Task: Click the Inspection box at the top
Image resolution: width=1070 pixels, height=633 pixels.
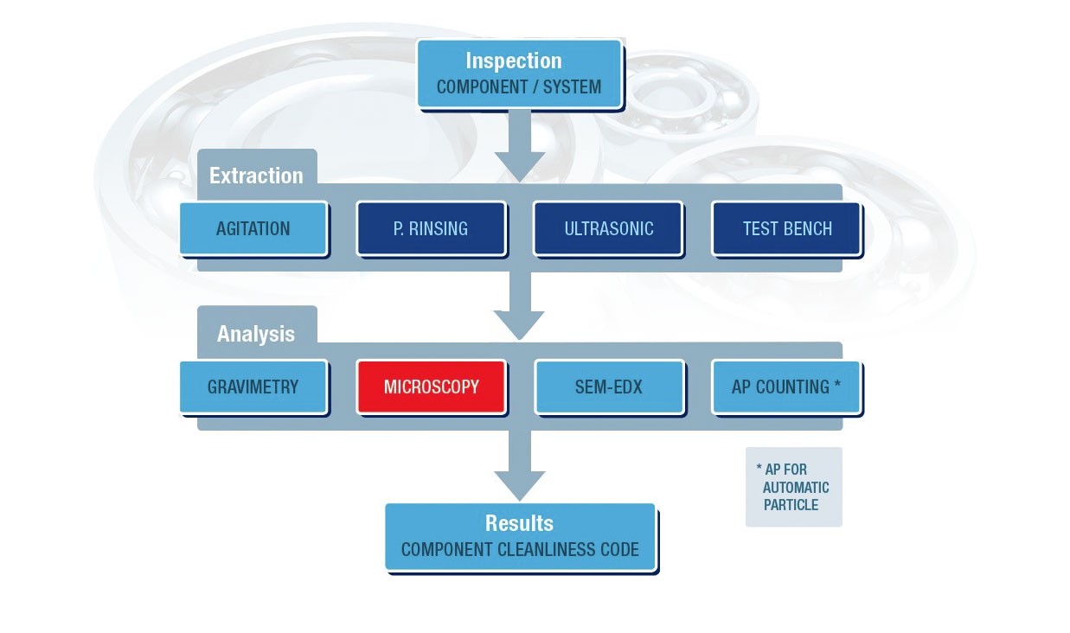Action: point(519,74)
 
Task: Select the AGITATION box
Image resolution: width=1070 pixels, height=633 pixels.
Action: point(253,229)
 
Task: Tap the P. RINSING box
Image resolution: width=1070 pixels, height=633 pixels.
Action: point(431,229)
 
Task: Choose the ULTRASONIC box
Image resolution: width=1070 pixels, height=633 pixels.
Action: point(608,229)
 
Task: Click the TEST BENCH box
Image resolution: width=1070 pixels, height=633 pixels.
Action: point(786,229)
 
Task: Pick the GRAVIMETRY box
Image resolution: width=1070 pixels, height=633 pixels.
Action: point(253,387)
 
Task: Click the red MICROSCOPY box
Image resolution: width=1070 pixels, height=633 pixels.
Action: point(431,387)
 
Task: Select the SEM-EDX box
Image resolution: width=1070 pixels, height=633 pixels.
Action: point(609,387)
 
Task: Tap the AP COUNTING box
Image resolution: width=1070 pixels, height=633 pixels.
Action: point(785,387)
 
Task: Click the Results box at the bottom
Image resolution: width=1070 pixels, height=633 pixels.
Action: point(520,537)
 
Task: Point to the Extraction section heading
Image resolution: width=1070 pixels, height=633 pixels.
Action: point(256,176)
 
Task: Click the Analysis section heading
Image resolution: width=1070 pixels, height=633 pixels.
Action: point(256,334)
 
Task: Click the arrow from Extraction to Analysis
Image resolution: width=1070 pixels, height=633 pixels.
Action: point(519,307)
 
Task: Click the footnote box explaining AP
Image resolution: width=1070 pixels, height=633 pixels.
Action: point(793,487)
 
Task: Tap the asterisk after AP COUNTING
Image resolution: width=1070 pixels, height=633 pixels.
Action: point(837,385)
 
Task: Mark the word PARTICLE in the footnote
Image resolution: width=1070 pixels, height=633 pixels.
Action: point(791,505)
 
